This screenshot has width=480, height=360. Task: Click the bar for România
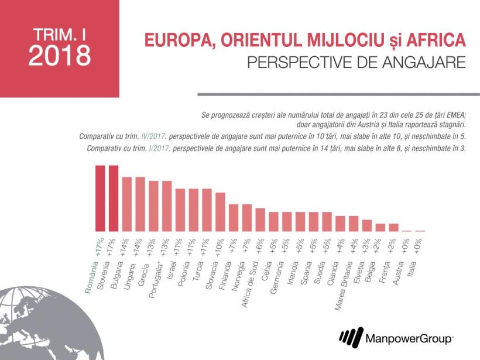point(100,198)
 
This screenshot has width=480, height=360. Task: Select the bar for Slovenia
point(114,198)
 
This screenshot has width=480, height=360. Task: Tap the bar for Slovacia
point(220,212)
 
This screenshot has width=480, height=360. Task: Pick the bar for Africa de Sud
point(260,220)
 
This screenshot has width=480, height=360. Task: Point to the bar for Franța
point(393,227)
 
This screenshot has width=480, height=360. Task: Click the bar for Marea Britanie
point(353,224)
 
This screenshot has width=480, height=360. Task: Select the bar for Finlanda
point(233,218)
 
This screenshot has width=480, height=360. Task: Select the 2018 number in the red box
point(59,56)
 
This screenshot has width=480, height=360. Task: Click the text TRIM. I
point(59,32)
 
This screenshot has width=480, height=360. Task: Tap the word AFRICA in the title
point(433,41)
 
